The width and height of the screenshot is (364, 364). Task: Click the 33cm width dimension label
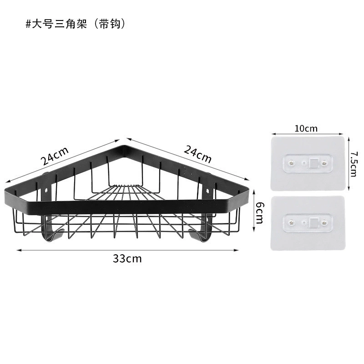click(x=127, y=258)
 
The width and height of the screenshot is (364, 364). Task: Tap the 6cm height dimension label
click(x=260, y=212)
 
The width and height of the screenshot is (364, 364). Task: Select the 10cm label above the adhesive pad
click(x=306, y=128)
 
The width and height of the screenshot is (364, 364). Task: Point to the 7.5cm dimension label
click(x=354, y=164)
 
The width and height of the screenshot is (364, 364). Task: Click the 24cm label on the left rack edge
click(x=55, y=156)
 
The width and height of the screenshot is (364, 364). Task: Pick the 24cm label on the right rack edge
click(x=197, y=154)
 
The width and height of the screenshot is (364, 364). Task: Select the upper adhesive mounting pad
click(x=308, y=163)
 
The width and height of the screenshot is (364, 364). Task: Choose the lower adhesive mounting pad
click(x=308, y=223)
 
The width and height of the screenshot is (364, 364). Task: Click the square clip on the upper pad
click(x=314, y=163)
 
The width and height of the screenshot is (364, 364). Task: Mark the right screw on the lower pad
click(x=324, y=223)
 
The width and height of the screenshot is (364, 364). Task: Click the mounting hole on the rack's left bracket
click(x=47, y=190)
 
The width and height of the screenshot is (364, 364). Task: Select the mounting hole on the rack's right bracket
click(x=207, y=192)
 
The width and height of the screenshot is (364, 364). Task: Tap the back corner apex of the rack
click(x=125, y=146)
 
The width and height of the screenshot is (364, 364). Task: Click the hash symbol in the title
click(x=28, y=24)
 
